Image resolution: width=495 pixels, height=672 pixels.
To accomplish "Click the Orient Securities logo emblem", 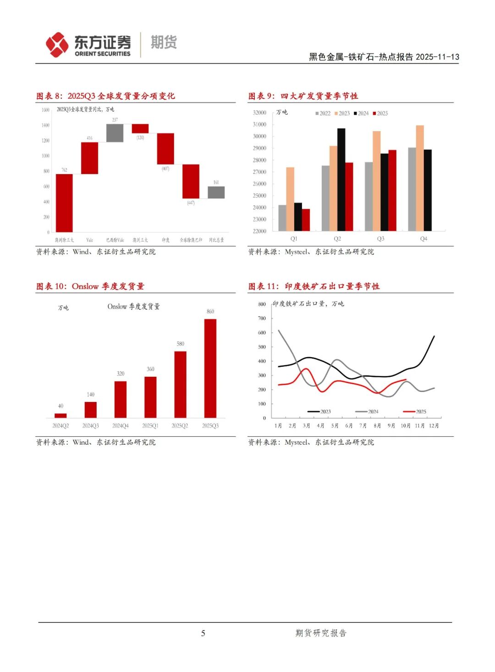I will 57,44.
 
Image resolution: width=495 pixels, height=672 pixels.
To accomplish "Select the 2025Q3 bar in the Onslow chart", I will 210,368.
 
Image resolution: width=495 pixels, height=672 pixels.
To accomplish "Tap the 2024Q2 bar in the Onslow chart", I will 60,415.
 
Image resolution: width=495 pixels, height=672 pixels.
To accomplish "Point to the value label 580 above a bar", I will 181,344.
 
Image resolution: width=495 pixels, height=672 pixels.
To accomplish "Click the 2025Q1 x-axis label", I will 150,426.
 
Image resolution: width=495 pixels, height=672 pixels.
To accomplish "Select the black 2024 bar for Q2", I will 341,179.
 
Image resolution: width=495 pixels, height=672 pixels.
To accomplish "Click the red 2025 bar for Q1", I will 306,220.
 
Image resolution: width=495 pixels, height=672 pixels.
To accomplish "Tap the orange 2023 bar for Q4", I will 420,178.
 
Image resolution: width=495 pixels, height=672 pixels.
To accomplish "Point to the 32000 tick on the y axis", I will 259,112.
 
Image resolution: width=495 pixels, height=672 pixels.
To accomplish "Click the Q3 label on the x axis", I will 380,239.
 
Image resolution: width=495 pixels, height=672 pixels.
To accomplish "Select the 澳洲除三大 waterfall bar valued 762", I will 64,203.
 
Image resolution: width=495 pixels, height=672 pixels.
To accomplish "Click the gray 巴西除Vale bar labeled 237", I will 115,133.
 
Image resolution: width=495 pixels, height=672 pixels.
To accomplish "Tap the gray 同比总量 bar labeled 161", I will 216,192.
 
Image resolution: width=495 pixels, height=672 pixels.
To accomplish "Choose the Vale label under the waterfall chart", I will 89,240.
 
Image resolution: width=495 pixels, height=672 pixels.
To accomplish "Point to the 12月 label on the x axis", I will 434,426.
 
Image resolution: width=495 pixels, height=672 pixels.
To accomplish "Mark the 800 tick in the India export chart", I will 262,304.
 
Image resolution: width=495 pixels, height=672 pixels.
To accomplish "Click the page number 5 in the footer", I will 203,633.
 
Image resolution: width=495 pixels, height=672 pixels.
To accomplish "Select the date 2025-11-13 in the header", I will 437,57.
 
